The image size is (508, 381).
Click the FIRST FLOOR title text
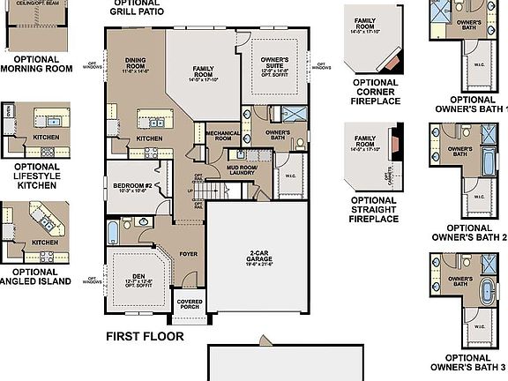145,336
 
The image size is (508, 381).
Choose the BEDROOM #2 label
131,185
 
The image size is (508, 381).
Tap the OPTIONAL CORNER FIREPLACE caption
375,92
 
